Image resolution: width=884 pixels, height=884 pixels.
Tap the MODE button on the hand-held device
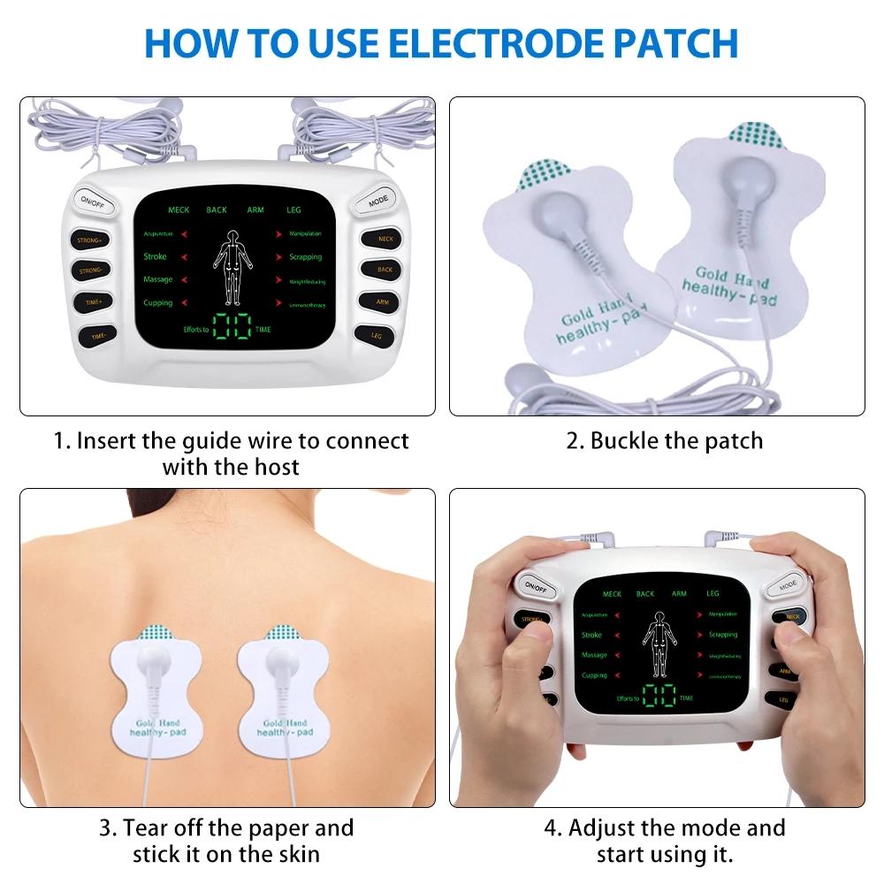[x=787, y=583]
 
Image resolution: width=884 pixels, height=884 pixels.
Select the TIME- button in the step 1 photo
[x=94, y=336]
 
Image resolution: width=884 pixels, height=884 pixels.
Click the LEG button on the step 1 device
[x=375, y=335]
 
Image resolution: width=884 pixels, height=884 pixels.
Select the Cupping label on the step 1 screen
[x=158, y=303]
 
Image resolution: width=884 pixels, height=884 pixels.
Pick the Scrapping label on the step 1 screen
[x=306, y=257]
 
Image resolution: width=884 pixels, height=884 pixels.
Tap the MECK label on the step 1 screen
[x=179, y=210]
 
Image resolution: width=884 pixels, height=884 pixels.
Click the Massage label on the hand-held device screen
[x=594, y=655]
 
